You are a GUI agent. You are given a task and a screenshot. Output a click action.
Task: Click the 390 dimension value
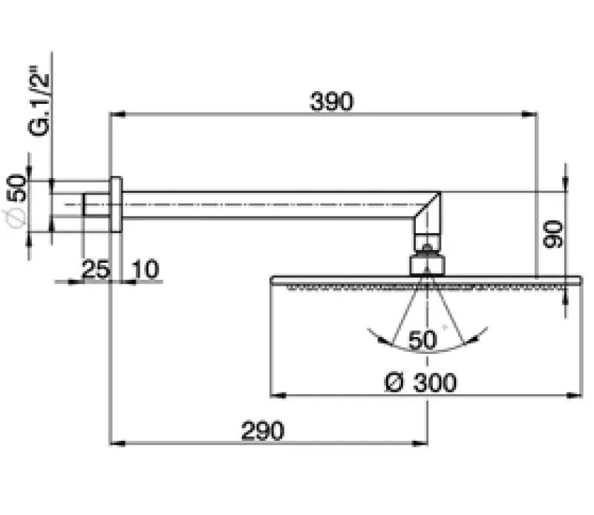click(x=330, y=102)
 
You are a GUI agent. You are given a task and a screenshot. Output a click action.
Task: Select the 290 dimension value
click(x=262, y=430)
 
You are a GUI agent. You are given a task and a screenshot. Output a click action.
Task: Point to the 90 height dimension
click(x=553, y=234)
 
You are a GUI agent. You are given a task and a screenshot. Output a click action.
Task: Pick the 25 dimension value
click(x=95, y=269)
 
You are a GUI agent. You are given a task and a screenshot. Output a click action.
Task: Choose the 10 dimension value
click(x=146, y=269)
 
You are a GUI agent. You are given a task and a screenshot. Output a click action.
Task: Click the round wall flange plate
click(x=116, y=205)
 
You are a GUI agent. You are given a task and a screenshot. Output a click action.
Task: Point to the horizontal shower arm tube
click(x=267, y=205)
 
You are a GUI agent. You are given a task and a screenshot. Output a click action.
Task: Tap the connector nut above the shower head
click(x=427, y=263)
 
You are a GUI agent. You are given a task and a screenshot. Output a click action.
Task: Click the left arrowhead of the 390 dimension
click(x=115, y=114)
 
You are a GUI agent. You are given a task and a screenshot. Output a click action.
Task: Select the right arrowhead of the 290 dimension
click(x=422, y=443)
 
